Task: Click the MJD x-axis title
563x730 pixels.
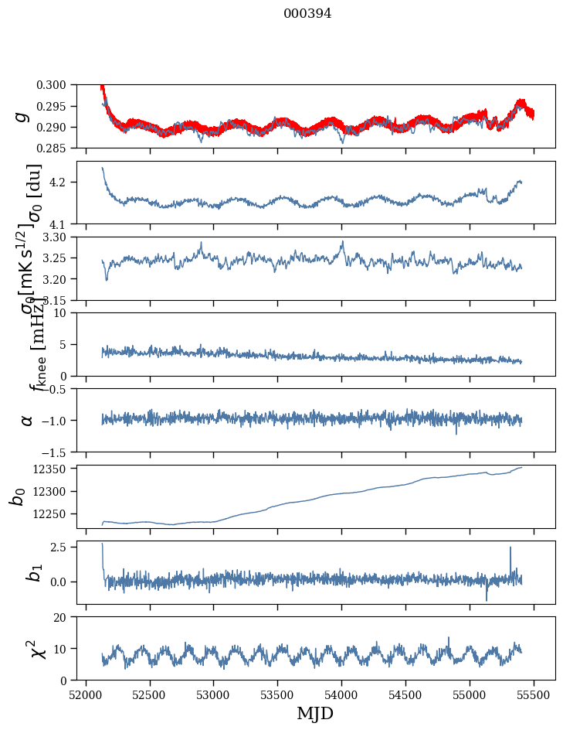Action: (x=315, y=714)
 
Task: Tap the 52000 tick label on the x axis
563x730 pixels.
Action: (x=86, y=695)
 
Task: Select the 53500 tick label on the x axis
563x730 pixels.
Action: (x=278, y=695)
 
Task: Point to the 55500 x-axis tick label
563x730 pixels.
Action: (x=534, y=695)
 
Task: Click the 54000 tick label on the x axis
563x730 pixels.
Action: (x=342, y=695)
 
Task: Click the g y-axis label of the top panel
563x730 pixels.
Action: (x=24, y=116)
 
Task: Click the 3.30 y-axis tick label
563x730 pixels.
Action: (x=60, y=237)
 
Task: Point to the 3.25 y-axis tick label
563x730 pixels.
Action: (x=60, y=258)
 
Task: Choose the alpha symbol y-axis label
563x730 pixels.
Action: (x=27, y=420)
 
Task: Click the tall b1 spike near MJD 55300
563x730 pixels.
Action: (x=510, y=547)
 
